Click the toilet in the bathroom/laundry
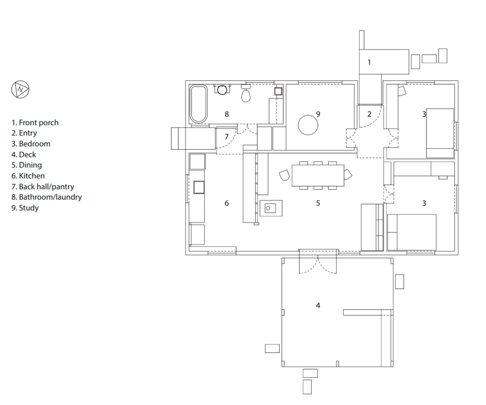(x=246, y=93)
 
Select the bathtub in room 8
(x=198, y=104)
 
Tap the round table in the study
(x=308, y=125)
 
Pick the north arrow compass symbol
(x=20, y=89)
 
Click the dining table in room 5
(x=318, y=176)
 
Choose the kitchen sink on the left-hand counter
(x=199, y=187)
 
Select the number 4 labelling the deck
(x=318, y=305)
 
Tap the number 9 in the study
(x=318, y=114)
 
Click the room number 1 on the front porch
(x=369, y=62)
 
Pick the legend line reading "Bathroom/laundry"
(x=47, y=197)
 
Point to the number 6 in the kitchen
(x=227, y=203)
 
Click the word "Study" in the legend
(x=29, y=208)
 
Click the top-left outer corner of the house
(x=186, y=81)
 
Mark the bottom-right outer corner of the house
(x=458, y=255)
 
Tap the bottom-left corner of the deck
(x=282, y=367)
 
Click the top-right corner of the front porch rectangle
(x=409, y=50)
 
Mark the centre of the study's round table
(x=308, y=125)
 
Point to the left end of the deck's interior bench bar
(x=343, y=312)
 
